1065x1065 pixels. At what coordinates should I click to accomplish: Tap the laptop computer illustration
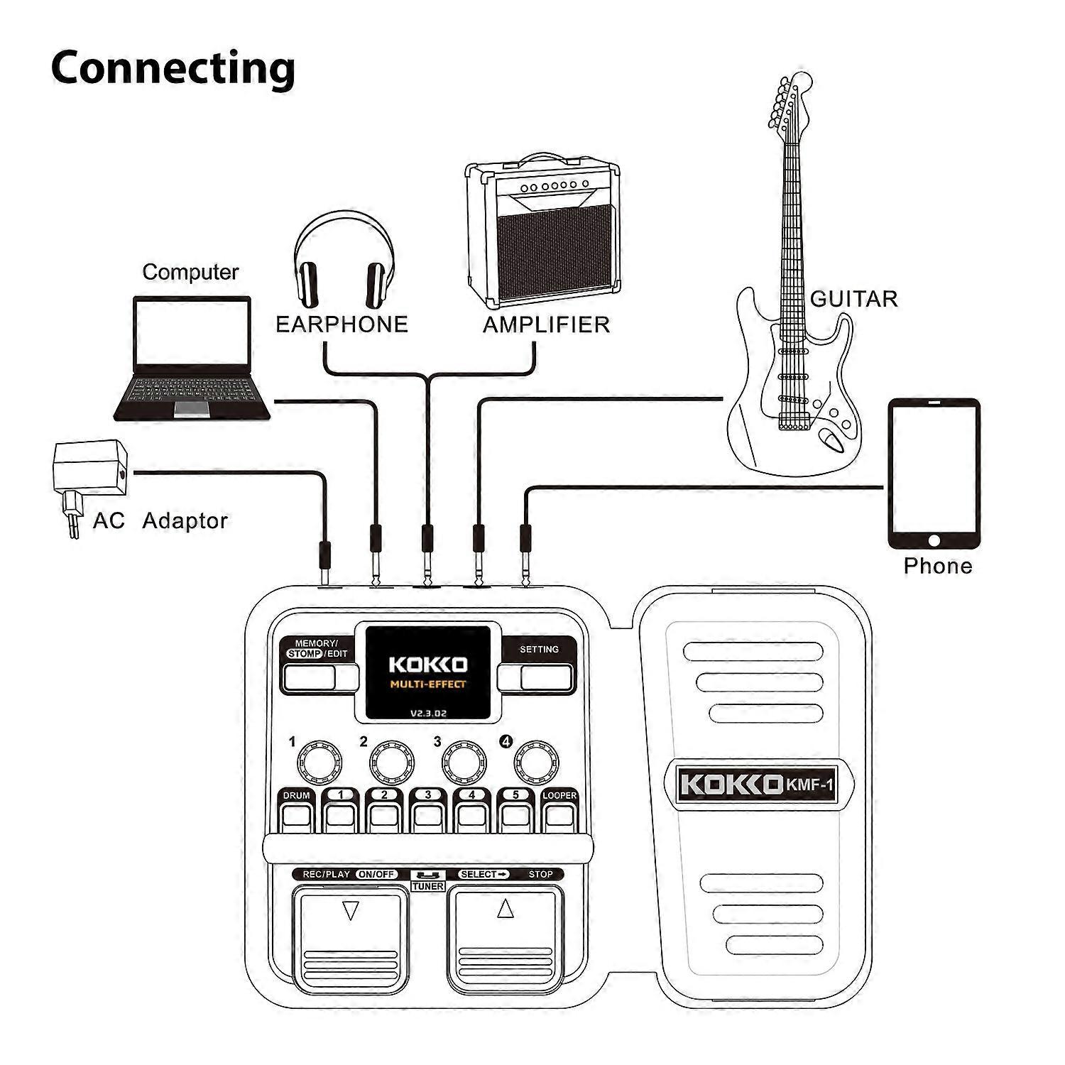[192, 359]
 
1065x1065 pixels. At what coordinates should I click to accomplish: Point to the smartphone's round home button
[934, 541]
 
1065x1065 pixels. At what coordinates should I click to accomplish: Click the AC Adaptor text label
[160, 520]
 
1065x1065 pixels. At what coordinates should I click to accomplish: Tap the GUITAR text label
[853, 299]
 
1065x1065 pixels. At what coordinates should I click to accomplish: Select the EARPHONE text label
[342, 324]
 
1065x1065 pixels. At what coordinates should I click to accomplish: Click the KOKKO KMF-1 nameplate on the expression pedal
[758, 785]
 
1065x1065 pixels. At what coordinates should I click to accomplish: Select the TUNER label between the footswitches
[427, 886]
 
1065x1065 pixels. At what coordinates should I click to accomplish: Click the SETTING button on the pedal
[545, 677]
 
